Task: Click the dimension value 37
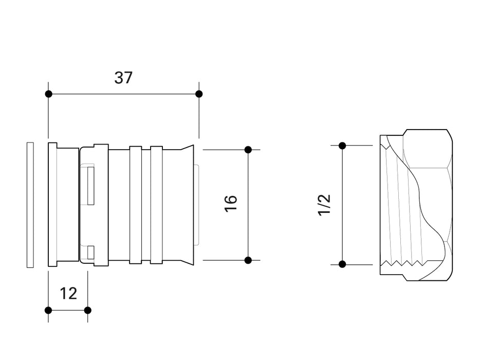point(123,78)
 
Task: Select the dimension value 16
point(231,203)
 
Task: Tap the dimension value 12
point(68,294)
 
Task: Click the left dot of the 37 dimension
point(48,94)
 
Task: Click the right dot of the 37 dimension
point(199,94)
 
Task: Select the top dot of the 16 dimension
point(248,150)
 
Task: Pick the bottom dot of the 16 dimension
point(248,260)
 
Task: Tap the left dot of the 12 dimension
point(48,310)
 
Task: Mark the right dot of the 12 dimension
point(87,310)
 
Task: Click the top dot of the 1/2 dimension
point(342,146)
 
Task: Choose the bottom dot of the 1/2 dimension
point(342,264)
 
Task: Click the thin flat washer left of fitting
point(30,205)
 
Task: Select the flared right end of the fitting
point(189,205)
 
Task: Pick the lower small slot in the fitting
point(90,252)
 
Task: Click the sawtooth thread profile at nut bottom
point(406,265)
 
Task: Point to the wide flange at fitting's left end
point(52,205)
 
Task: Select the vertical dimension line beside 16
point(248,226)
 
